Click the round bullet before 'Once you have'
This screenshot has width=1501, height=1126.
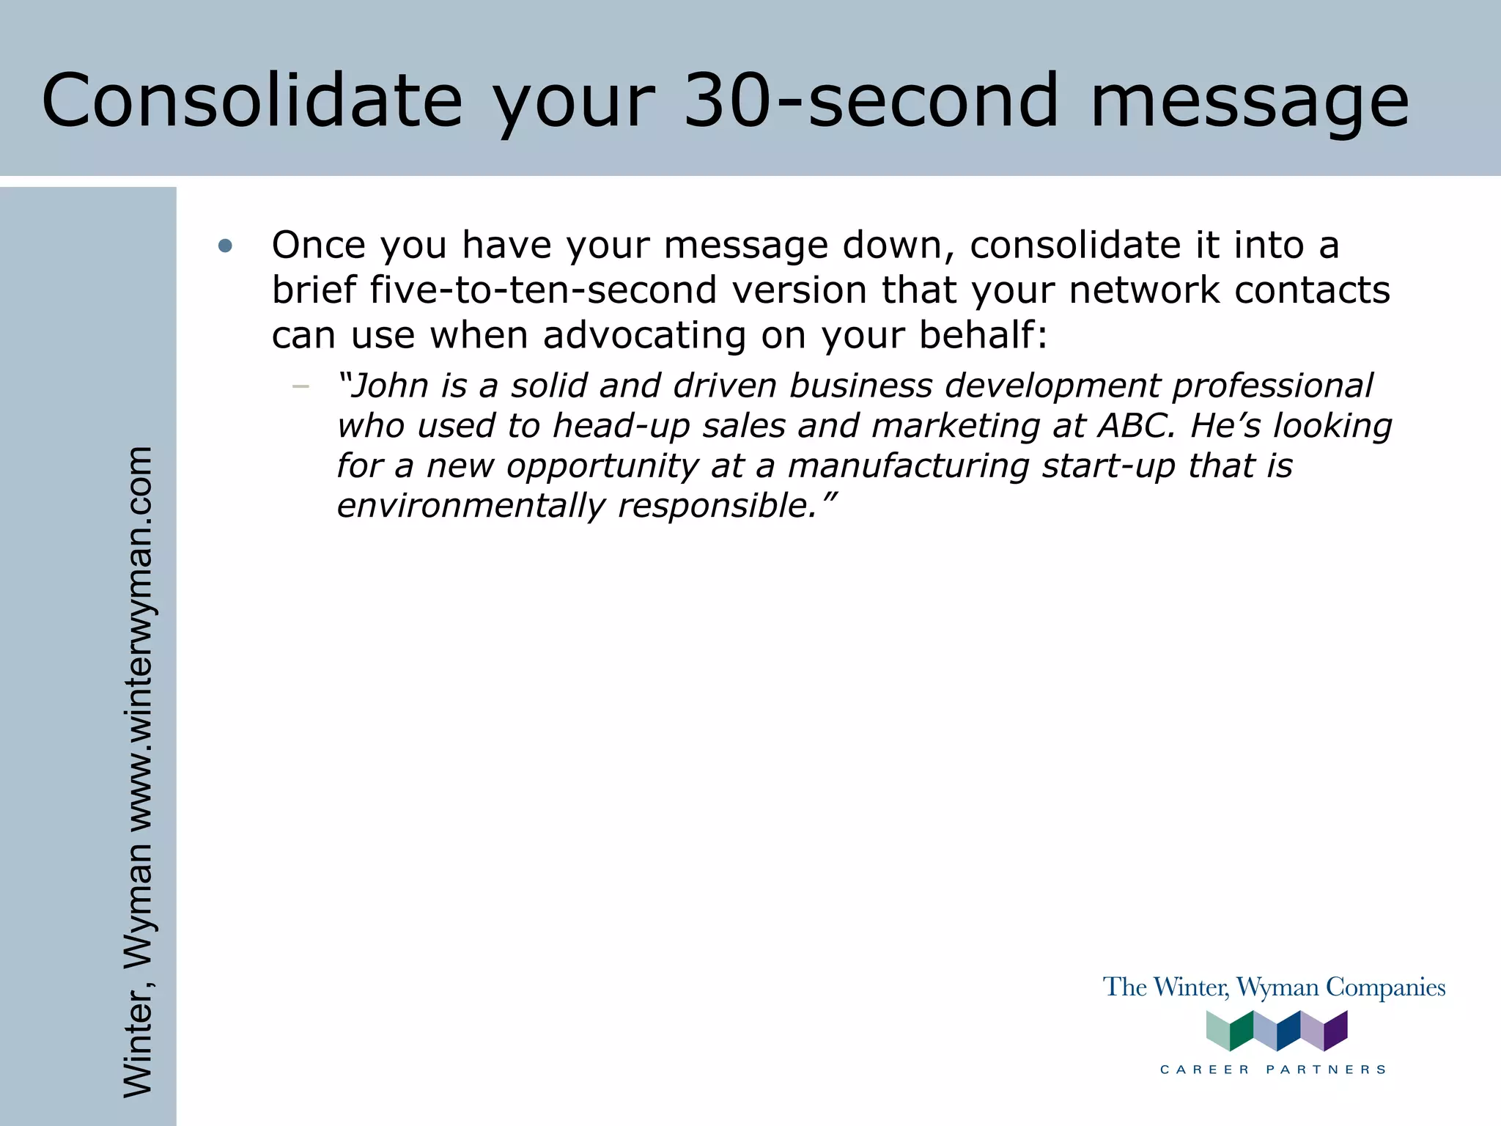coord(225,246)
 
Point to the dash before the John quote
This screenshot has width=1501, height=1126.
coord(300,386)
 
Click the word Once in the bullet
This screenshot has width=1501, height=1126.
coord(319,245)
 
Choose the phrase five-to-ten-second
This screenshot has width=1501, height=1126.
coord(542,290)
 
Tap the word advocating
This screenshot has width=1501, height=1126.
coord(645,336)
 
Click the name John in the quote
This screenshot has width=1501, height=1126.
coord(389,386)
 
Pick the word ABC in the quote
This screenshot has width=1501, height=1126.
coord(1135,426)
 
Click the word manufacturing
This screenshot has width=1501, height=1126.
coord(908,466)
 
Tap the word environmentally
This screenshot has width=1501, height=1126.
coord(471,506)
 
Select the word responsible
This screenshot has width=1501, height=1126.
coord(718,506)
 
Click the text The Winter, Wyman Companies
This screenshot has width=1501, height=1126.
coord(1274,987)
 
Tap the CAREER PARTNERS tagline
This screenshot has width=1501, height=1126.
coord(1274,1070)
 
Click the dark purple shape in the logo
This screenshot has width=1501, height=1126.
coord(1335,1030)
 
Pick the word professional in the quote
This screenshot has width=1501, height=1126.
coord(1272,386)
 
